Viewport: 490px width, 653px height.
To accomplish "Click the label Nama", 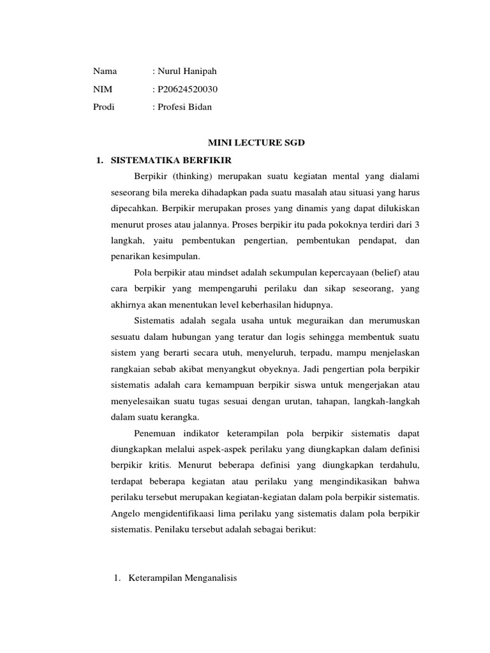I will tap(105, 71).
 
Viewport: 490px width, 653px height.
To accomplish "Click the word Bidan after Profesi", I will tap(199, 107).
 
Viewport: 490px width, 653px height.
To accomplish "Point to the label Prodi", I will tap(104, 107).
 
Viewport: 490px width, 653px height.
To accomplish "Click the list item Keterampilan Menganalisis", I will tap(182, 578).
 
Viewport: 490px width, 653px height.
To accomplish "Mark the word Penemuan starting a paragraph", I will tap(156, 434).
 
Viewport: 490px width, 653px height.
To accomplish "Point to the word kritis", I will tap(161, 466).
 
